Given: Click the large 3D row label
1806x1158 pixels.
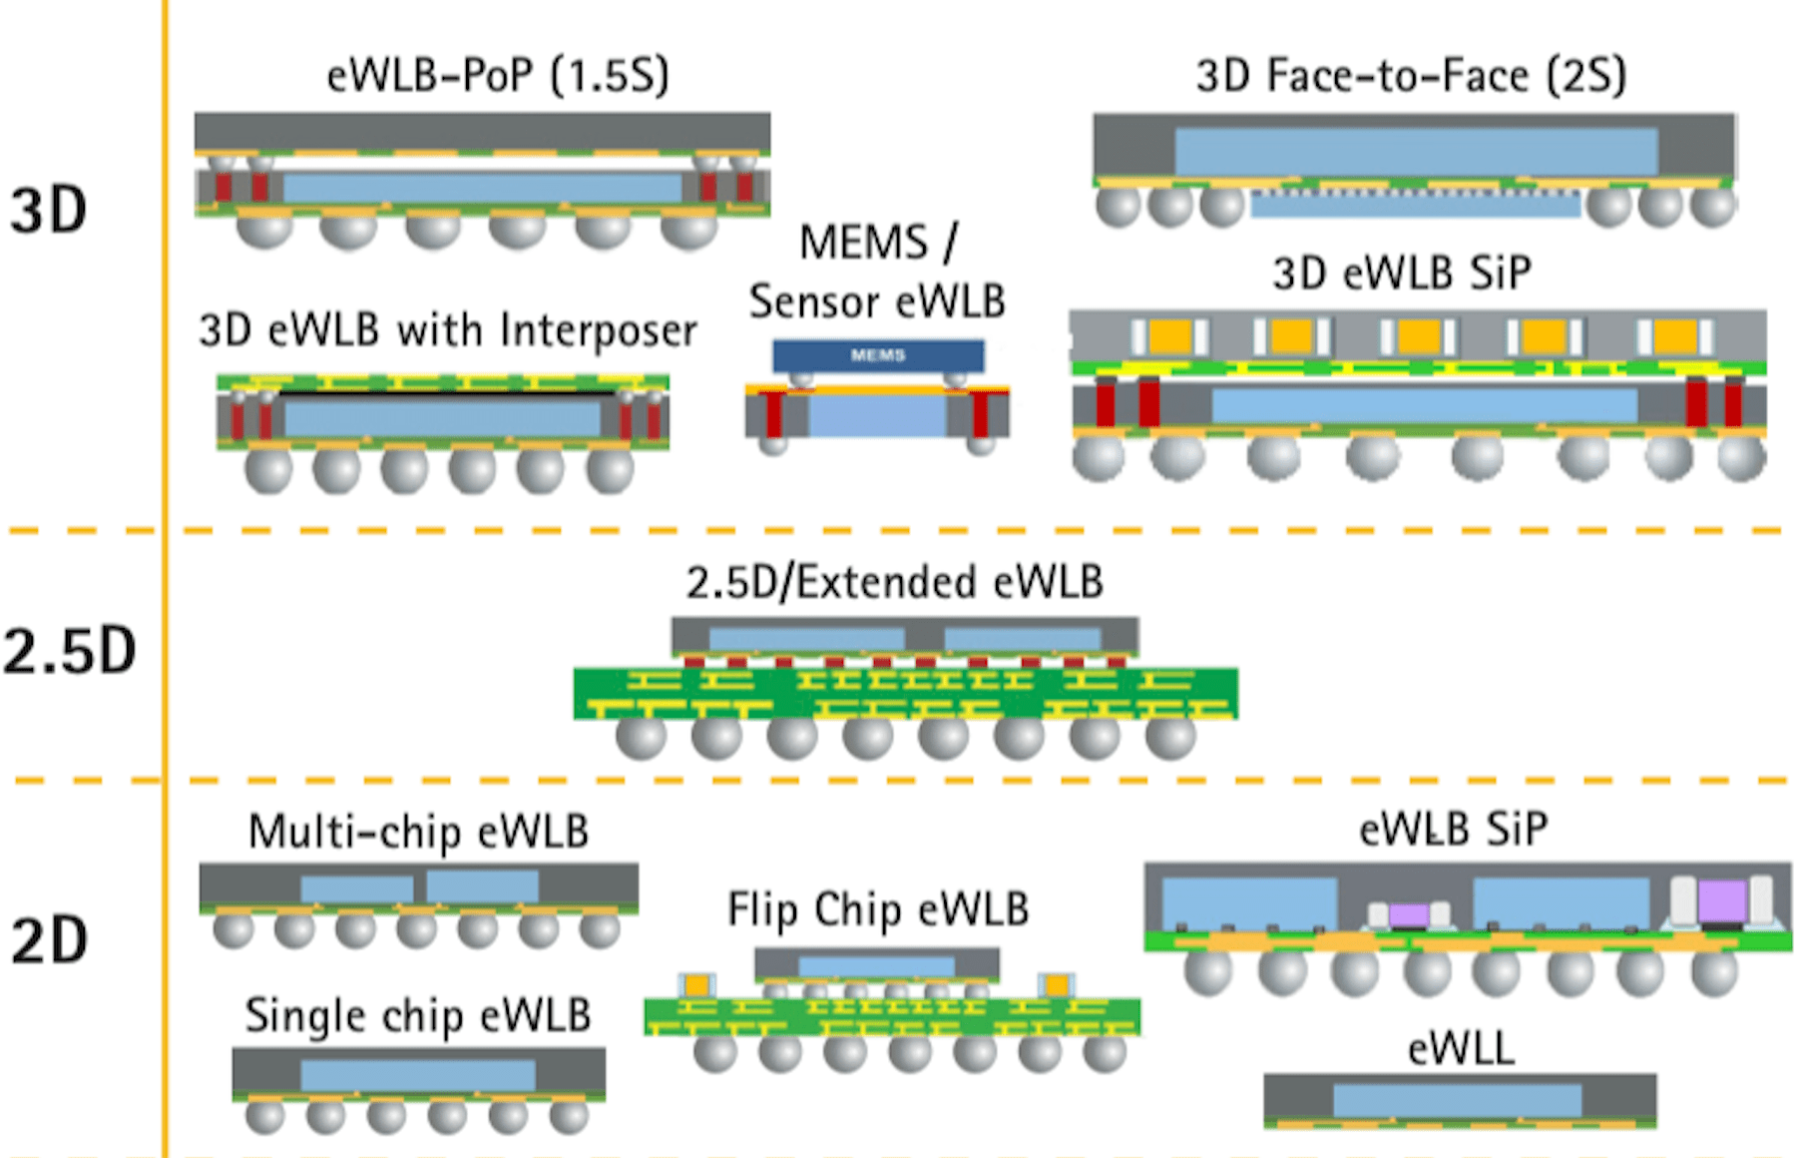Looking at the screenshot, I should tap(48, 211).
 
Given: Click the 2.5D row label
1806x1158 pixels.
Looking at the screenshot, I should tap(69, 652).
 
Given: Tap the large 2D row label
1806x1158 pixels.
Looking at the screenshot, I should tap(49, 940).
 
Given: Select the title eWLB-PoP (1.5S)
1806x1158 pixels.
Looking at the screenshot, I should tap(498, 76).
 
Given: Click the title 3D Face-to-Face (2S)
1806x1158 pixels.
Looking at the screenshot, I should tap(1411, 76).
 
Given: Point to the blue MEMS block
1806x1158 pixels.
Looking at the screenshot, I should tap(878, 355).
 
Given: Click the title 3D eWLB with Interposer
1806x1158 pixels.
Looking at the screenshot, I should tap(447, 330).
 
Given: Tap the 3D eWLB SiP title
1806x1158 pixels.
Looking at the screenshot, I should tap(1401, 273).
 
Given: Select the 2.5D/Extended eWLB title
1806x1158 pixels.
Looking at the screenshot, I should tap(894, 582).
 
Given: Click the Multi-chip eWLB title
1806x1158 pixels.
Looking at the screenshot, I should tap(418, 832).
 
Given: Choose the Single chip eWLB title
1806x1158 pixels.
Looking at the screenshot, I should tap(418, 1016).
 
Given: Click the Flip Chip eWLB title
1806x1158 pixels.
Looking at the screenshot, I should tap(877, 909).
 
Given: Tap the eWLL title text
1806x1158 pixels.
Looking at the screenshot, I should tap(1460, 1048).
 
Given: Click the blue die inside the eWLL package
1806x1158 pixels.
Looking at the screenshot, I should tap(1457, 1100).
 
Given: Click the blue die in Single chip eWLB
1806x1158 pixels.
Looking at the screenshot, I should tap(417, 1074).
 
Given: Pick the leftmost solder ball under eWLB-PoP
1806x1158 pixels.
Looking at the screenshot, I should tap(264, 230).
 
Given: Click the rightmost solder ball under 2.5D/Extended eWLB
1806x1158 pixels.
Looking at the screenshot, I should tap(1169, 738).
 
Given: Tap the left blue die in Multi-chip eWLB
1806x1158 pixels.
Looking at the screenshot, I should tap(356, 888).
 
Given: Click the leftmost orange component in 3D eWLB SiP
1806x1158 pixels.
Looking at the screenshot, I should tap(1169, 336).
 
